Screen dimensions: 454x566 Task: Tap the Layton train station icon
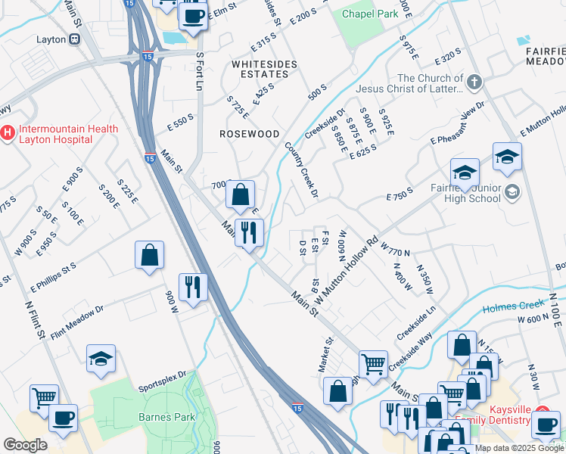[75, 39]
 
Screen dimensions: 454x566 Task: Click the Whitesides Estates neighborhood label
[264, 70]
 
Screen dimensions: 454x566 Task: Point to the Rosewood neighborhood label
[249, 133]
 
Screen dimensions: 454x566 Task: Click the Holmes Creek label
[520, 306]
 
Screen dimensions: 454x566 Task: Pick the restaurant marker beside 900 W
[194, 287]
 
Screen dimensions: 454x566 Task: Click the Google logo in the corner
[25, 445]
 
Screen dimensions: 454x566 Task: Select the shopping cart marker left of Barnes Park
[44, 396]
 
